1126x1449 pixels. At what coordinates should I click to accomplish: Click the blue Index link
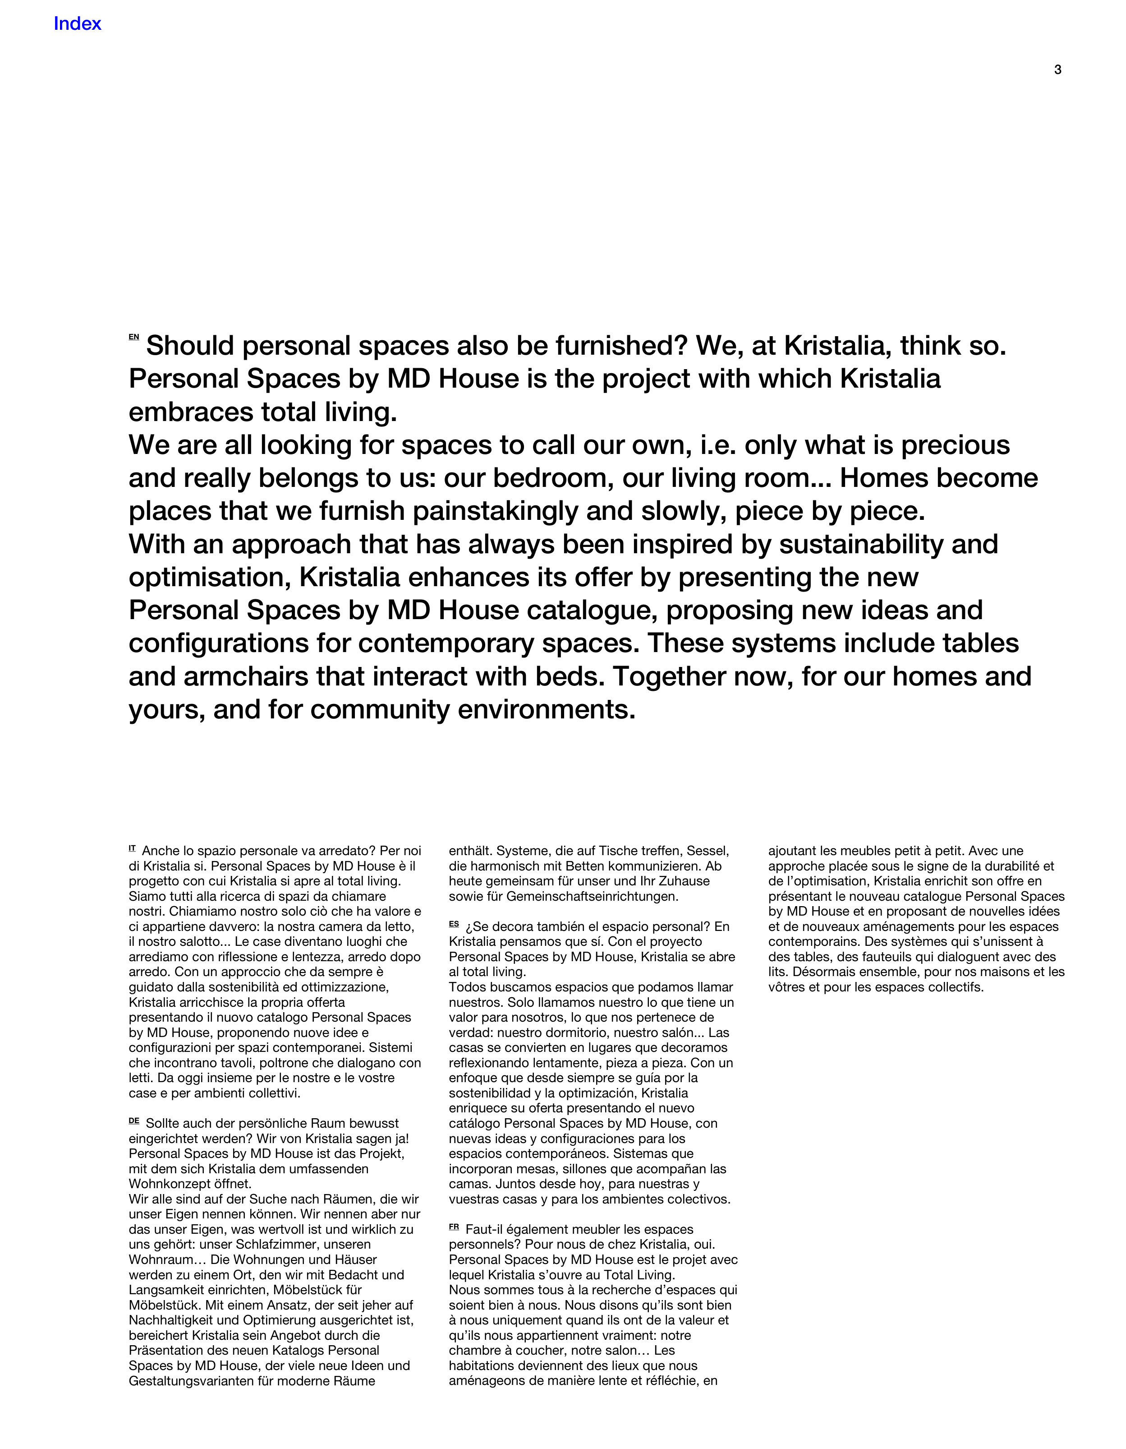(77, 24)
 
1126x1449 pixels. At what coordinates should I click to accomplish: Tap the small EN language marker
(133, 337)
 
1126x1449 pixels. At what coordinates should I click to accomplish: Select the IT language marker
(133, 848)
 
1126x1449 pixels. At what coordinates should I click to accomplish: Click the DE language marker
(134, 1121)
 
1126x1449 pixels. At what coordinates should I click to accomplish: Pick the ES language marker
(454, 924)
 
